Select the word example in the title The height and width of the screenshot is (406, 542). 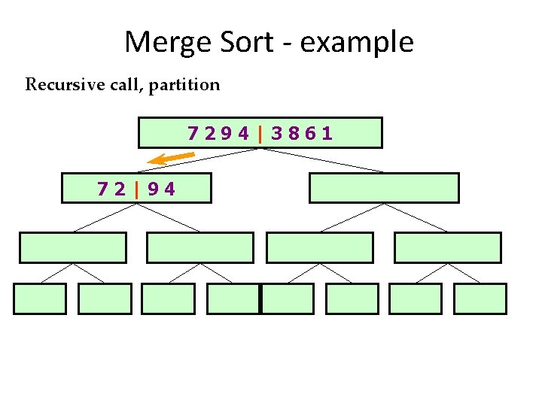tap(357, 42)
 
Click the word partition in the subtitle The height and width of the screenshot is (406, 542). tap(184, 85)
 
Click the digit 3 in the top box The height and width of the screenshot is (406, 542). tap(278, 134)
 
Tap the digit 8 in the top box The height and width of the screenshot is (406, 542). tap(294, 134)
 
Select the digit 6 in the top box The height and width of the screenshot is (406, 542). tap(310, 134)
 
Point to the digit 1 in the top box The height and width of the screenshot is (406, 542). tap(327, 134)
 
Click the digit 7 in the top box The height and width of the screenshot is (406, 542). tap(193, 134)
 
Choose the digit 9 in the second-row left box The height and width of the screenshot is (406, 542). tap(153, 189)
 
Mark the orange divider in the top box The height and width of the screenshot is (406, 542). tap(260, 134)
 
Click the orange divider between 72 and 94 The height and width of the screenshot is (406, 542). tap(136, 189)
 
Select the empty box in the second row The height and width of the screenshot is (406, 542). tap(384, 188)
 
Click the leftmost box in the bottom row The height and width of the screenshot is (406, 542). tap(40, 298)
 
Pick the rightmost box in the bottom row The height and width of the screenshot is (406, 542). tap(480, 298)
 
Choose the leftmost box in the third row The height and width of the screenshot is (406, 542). tap(72, 247)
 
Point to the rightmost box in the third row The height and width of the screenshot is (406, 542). tap(447, 247)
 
